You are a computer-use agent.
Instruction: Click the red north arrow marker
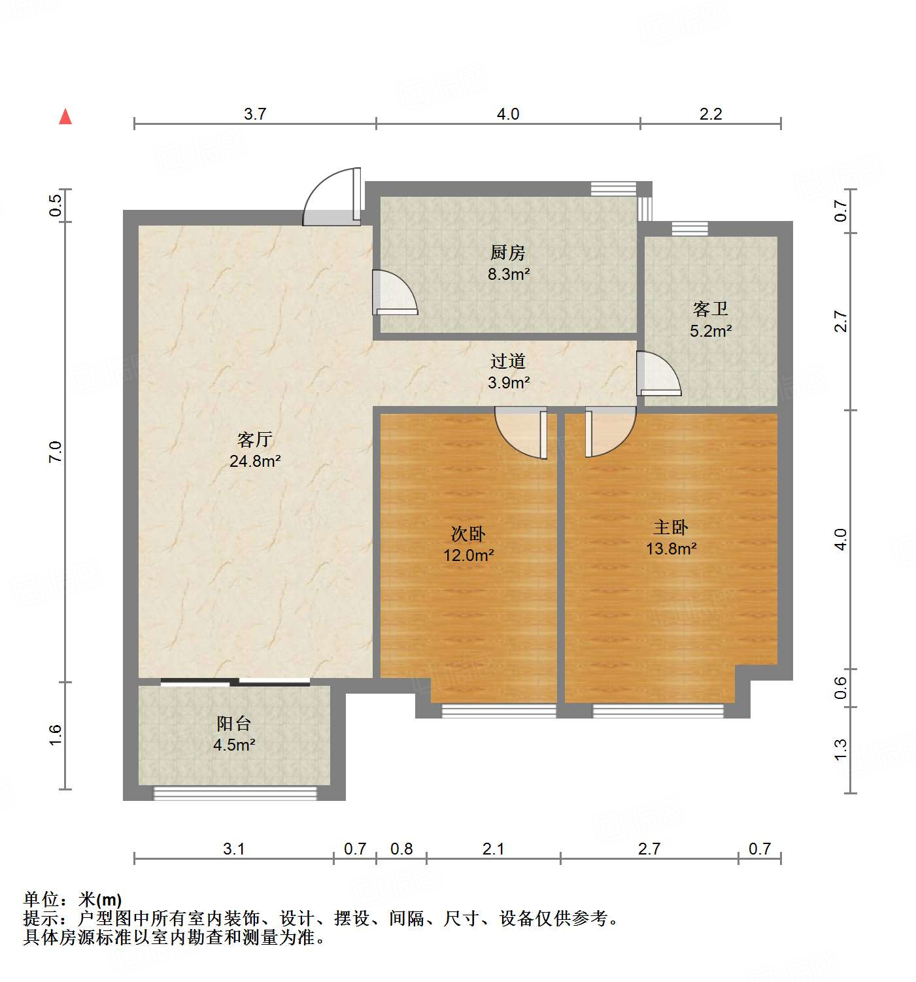pyautogui.click(x=65, y=117)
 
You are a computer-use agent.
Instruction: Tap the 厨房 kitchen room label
pyautogui.click(x=508, y=252)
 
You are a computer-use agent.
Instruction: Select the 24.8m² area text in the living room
pyautogui.click(x=255, y=461)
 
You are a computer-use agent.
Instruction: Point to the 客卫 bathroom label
pyautogui.click(x=710, y=309)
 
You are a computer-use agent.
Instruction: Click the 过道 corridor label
pyautogui.click(x=508, y=361)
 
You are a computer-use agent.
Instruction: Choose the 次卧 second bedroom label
pyautogui.click(x=468, y=533)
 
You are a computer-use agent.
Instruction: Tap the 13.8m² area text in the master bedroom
pyautogui.click(x=671, y=549)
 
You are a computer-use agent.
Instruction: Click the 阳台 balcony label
pyautogui.click(x=233, y=723)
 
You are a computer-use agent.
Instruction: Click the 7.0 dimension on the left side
pyautogui.click(x=56, y=452)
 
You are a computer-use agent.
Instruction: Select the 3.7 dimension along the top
pyautogui.click(x=255, y=114)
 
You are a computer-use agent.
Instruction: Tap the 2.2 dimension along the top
pyautogui.click(x=711, y=114)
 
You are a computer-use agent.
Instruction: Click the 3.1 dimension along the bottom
pyautogui.click(x=233, y=849)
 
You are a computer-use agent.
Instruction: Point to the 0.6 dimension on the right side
pyautogui.click(x=841, y=687)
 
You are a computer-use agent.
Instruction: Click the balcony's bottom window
pyautogui.click(x=235, y=793)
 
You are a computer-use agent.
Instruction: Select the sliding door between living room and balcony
pyautogui.click(x=235, y=683)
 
